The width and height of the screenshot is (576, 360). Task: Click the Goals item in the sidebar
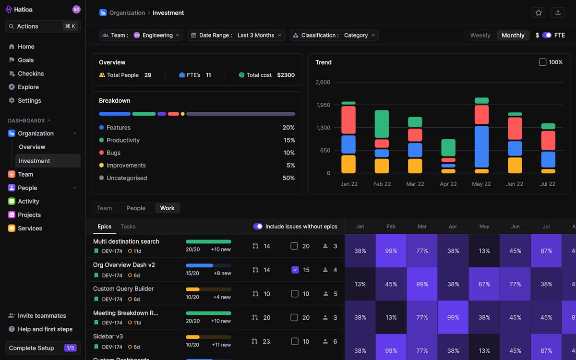25,60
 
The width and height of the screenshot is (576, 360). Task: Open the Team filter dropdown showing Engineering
141,35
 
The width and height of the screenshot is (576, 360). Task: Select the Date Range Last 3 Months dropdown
236,35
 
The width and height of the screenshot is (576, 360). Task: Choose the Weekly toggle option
480,35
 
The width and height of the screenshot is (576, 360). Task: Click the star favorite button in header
539,13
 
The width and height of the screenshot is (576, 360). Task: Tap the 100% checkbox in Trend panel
542,62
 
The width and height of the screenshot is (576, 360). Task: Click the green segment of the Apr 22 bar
448,147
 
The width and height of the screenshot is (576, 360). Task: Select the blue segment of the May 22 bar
481,146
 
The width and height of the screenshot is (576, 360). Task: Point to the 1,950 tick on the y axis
323,105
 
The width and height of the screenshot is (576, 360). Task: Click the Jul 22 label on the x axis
548,184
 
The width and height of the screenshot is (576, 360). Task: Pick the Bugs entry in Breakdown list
113,153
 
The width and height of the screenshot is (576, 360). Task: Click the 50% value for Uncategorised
288,178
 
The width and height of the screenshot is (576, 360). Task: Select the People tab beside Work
136,208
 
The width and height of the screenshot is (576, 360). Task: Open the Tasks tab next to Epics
128,227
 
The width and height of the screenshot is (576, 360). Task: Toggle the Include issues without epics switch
258,227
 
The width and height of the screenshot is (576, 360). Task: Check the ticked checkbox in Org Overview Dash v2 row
295,270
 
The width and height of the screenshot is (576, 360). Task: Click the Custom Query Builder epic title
123,288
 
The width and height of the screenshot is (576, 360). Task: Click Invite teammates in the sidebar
42,316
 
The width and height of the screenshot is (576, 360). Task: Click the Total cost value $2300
286,75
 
